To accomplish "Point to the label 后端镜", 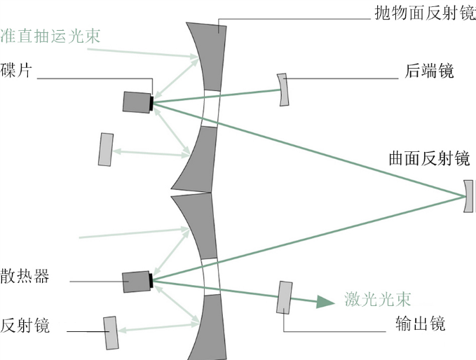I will coord(429,71).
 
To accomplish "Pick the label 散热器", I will coord(25,276).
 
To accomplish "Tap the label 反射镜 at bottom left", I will coord(25,325).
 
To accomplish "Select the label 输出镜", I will coord(420,325).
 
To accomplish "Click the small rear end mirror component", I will coord(283,89).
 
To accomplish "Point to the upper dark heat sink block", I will coord(136,102).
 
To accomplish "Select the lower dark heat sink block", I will coord(135,282).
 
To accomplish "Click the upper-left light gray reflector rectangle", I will coord(106,149).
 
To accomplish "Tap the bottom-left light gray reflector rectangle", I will coord(111,332).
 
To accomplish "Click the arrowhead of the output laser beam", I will coord(324,301).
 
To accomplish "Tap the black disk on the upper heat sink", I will coord(151,102).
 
